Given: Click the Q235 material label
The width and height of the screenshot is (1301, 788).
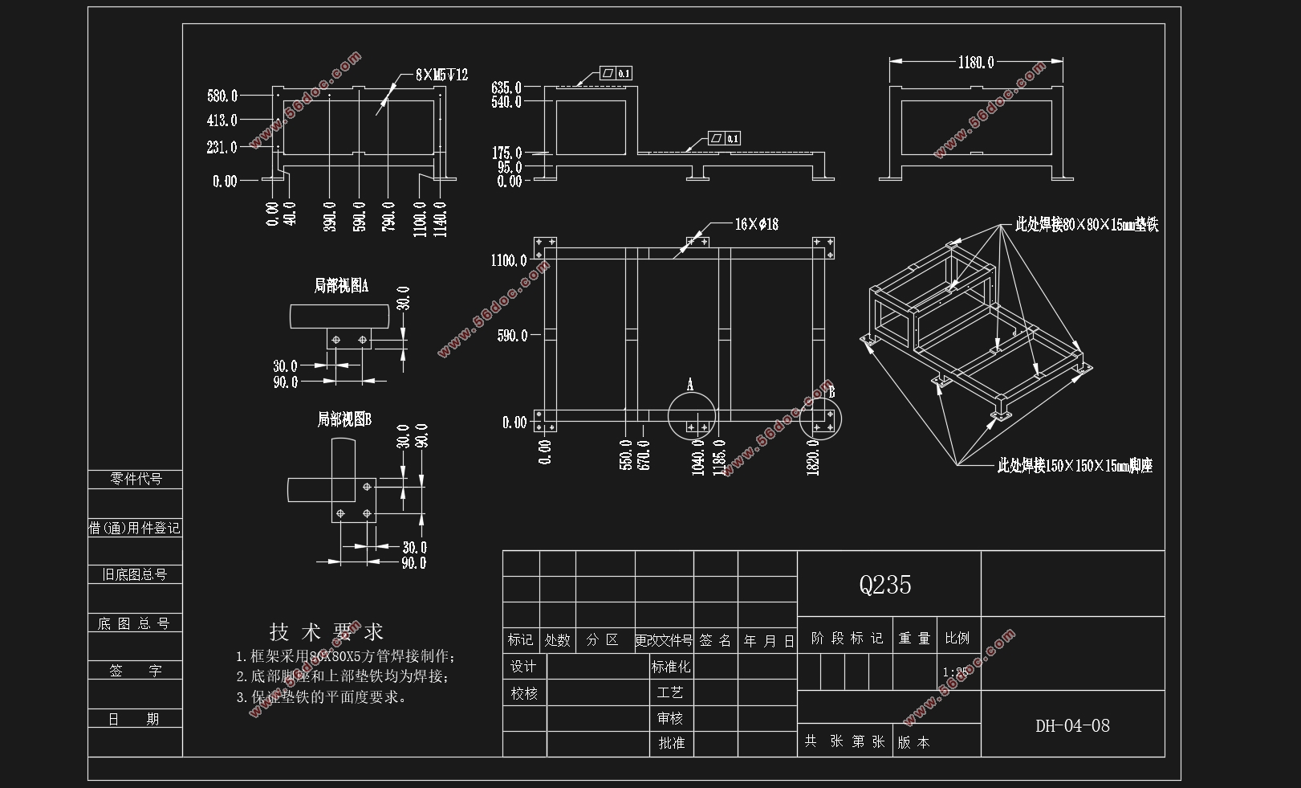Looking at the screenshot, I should (x=885, y=585).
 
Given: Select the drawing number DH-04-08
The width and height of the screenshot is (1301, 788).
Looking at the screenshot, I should (x=1072, y=726).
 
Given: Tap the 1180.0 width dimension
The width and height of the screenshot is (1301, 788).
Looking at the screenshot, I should (x=976, y=62).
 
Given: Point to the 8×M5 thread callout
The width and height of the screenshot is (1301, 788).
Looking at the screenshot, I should (x=441, y=75).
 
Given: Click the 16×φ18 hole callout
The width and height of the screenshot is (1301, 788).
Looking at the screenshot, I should (x=756, y=224).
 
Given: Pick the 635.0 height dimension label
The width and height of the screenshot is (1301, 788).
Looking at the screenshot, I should (x=506, y=87).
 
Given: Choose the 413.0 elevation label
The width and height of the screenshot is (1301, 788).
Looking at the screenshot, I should (x=222, y=120).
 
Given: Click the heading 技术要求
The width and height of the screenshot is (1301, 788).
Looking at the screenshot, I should (x=326, y=631).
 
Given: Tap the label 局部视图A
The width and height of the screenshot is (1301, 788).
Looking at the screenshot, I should (x=341, y=285).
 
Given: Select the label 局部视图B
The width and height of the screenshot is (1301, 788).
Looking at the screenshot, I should (x=344, y=419).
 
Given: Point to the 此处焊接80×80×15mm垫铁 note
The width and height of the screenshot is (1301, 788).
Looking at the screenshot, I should (x=1087, y=224).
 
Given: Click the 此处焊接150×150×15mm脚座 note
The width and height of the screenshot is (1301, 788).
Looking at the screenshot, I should (x=1075, y=466).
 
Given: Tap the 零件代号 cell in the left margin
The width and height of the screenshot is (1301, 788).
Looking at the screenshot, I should (x=136, y=480).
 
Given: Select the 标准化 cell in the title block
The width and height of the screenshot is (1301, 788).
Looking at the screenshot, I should (x=671, y=667).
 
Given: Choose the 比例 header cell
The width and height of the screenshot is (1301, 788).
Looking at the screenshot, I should (x=957, y=639).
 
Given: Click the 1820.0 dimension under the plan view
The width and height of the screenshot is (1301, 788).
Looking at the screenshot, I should (x=813, y=456).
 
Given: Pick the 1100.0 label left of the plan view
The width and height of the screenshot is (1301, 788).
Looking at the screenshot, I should (x=509, y=260).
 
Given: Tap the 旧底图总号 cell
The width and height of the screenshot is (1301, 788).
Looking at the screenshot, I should (x=135, y=575).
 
